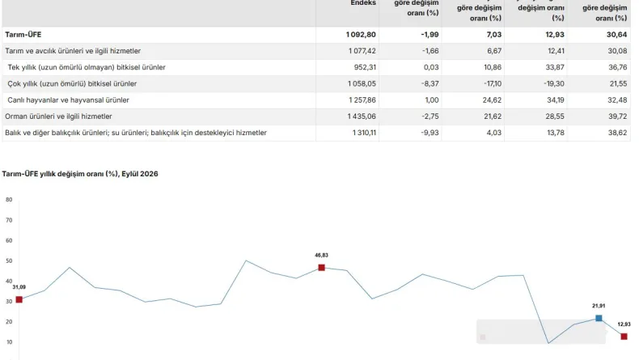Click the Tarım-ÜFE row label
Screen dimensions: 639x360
click(23, 35)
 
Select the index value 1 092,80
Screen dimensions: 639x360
click(361, 35)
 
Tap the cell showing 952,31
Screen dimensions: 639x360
click(365, 67)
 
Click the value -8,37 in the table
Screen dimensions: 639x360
click(430, 83)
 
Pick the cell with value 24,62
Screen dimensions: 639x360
click(492, 100)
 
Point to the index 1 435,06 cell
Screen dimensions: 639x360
click(362, 116)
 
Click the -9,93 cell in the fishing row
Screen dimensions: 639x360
click(430, 133)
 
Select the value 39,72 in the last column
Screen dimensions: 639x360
click(617, 116)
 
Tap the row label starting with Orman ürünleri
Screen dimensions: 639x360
click(58, 116)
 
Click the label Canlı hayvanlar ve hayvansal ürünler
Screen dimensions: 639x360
click(68, 100)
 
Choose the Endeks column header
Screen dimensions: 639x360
click(363, 3)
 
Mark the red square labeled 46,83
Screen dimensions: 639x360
click(322, 268)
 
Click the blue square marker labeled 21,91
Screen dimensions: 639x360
click(599, 318)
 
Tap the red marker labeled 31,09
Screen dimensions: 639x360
click(19, 299)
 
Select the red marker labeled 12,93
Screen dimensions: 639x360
click(624, 337)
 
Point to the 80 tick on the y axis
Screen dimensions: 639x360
click(9, 199)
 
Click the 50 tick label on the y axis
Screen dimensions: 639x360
click(9, 260)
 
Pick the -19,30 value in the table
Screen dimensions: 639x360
click(554, 83)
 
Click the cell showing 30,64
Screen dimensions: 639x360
click(616, 35)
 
